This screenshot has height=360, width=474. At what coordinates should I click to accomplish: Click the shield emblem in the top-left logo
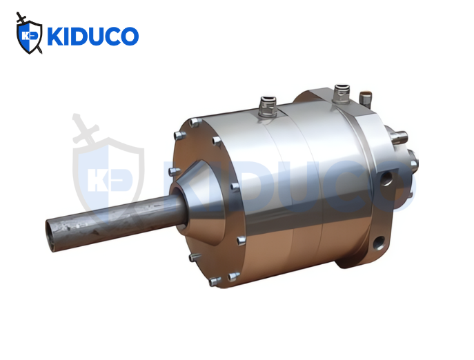tap(29, 37)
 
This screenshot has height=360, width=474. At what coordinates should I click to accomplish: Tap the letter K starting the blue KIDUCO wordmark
tap(55, 37)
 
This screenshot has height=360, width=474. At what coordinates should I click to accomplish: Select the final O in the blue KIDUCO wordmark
tap(130, 37)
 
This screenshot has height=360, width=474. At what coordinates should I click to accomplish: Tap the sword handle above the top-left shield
tap(21, 18)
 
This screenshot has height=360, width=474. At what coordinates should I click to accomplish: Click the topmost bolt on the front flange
tap(195, 122)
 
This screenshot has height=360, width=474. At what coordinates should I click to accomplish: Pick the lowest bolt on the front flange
tap(215, 281)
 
